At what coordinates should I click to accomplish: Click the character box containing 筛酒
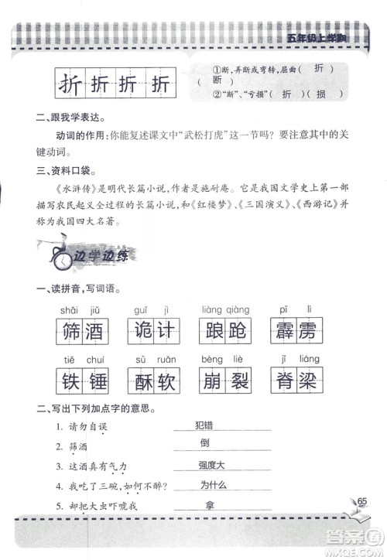pos(80,332)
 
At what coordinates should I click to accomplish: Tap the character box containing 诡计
pos(150,332)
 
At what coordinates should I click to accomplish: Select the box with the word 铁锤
pos(80,382)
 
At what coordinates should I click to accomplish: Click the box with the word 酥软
pos(150,382)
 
